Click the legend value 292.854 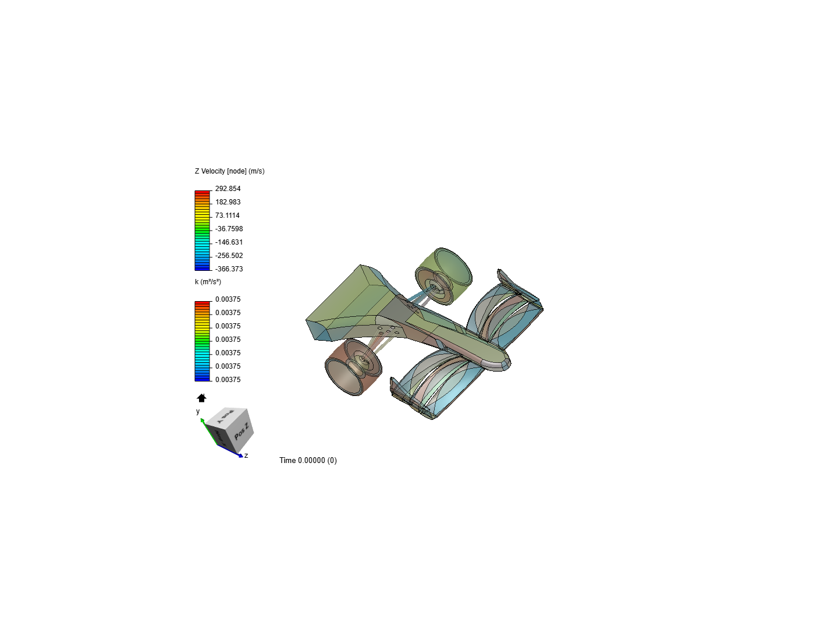[x=228, y=189]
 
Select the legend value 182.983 [x=228, y=202]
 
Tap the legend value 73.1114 [x=227, y=215]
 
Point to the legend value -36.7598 [x=229, y=229]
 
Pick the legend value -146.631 [x=229, y=242]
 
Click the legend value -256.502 [x=229, y=256]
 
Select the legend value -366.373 [x=229, y=269]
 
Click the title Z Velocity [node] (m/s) [x=229, y=171]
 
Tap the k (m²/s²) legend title [x=208, y=282]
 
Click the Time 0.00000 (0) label [x=308, y=460]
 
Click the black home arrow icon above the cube [x=201, y=398]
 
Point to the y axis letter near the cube [x=198, y=411]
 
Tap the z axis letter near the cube [x=246, y=455]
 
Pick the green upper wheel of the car [x=443, y=275]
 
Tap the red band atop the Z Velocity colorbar [x=202, y=192]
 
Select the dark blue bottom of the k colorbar [x=202, y=379]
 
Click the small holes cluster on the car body [x=389, y=330]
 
